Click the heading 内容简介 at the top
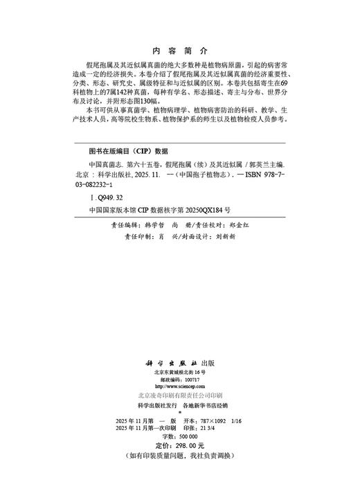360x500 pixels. click(x=179, y=51)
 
